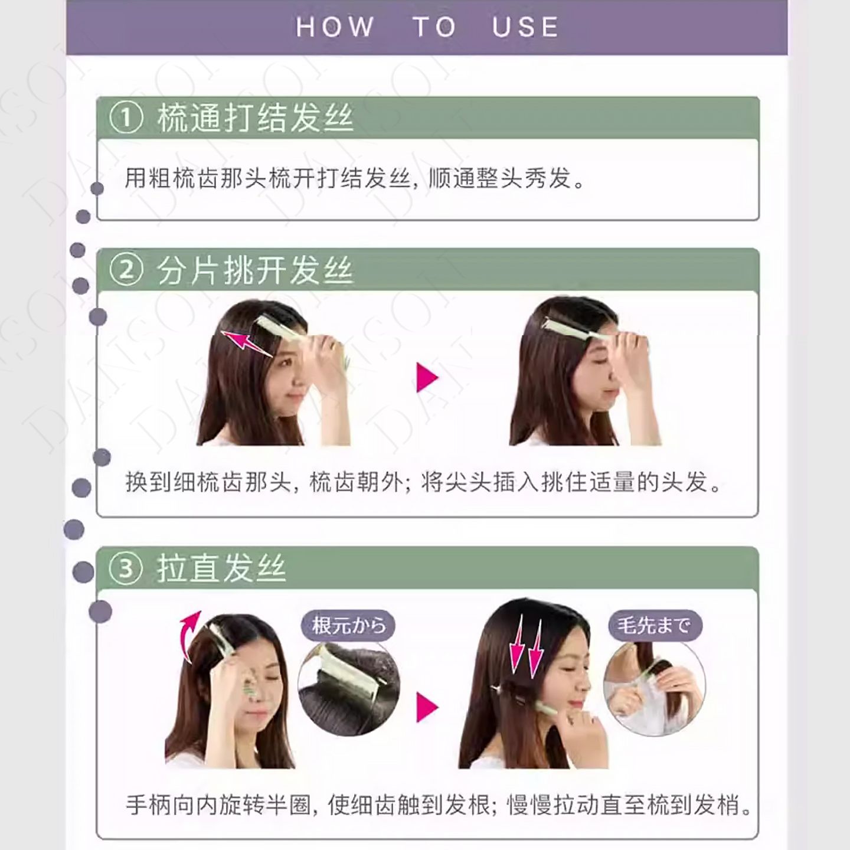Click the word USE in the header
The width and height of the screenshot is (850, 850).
pyautogui.click(x=525, y=27)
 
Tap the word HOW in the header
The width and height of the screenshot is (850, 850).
pyautogui.click(x=335, y=27)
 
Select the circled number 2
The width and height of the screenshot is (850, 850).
pyautogui.click(x=126, y=270)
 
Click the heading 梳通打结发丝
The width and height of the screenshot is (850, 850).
pyautogui.click(x=256, y=118)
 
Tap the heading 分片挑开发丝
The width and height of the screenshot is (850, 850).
pyautogui.click(x=256, y=270)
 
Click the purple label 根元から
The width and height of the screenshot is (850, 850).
pyautogui.click(x=348, y=625)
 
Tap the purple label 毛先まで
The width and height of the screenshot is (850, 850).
pyautogui.click(x=655, y=625)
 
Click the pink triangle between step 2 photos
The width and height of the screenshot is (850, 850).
pyautogui.click(x=427, y=378)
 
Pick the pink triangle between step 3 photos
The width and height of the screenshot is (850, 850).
pyautogui.click(x=427, y=707)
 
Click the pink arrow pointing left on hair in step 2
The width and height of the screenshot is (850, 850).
pyautogui.click(x=247, y=344)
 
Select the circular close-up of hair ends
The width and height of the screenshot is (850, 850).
pyautogui.click(x=655, y=688)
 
